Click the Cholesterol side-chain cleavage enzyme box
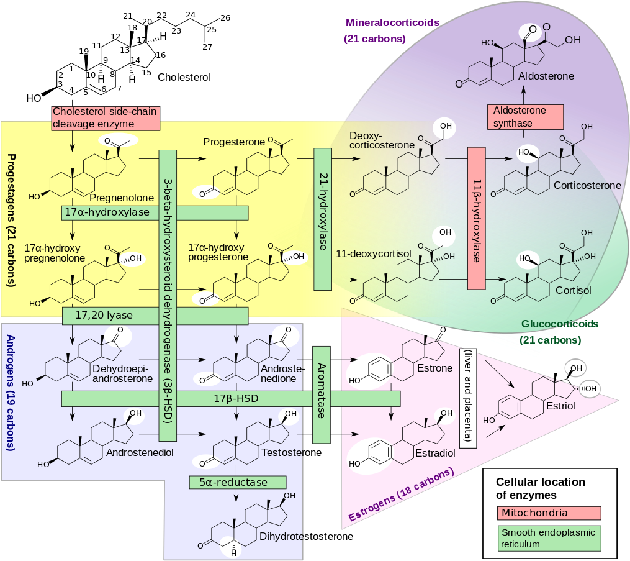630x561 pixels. tap(106, 118)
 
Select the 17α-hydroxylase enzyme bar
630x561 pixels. tap(155, 212)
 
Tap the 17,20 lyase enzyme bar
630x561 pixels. tap(155, 316)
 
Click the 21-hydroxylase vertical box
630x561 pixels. tap(323, 219)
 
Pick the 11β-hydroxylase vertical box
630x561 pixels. tap(477, 218)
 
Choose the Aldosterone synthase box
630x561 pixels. tap(526, 117)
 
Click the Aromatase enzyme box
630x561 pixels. tap(322, 395)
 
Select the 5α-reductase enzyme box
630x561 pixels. tap(238, 482)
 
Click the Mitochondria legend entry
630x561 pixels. tap(549, 513)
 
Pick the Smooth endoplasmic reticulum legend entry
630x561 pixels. tap(549, 538)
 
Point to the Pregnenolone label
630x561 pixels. tap(122, 198)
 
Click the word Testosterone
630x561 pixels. tap(292, 452)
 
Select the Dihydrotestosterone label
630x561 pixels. tap(307, 537)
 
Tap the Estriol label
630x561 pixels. tap(561, 406)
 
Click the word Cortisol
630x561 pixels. tap(574, 290)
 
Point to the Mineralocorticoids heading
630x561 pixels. tap(392, 22)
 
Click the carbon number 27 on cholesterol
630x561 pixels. tap(207, 47)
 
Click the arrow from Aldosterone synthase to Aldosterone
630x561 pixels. tap(523, 95)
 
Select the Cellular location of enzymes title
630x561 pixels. tap(541, 488)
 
